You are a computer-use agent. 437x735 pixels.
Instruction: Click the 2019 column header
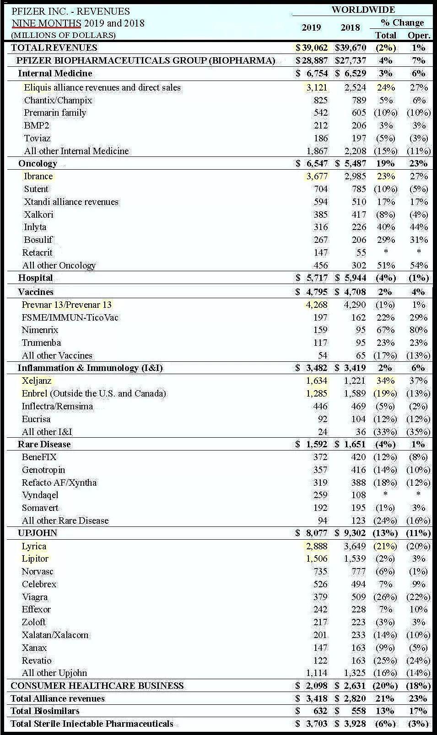coord(311,27)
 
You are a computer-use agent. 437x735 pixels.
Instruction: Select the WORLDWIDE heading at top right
coord(363,10)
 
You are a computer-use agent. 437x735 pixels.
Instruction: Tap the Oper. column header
coord(419,35)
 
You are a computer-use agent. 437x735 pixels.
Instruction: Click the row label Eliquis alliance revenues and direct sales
coord(102,87)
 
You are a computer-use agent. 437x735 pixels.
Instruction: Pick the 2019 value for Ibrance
coord(316,176)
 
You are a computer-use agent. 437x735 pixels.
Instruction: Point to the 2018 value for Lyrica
coord(355,546)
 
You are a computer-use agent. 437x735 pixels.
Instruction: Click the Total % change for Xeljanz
coord(385,381)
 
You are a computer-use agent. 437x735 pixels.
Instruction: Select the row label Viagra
coord(35,597)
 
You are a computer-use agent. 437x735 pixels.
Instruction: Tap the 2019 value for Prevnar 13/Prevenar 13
coord(316,305)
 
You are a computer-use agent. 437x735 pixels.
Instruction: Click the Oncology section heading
coord(38,163)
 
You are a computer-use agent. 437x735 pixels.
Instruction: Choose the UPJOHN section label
coord(38,533)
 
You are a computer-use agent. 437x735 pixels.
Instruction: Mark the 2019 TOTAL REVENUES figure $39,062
coord(312,48)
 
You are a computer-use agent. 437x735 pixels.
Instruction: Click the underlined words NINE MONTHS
coord(46,23)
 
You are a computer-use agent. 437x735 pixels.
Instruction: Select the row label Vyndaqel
coord(40,495)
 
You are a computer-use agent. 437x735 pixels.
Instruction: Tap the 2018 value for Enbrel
coord(355,393)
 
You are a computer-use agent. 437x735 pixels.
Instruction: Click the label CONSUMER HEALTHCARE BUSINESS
coord(97,686)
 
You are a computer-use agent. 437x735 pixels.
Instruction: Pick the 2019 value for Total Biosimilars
coord(320,711)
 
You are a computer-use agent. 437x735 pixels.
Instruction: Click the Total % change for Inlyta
coord(385,227)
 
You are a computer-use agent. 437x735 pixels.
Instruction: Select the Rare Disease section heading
coord(44,444)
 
